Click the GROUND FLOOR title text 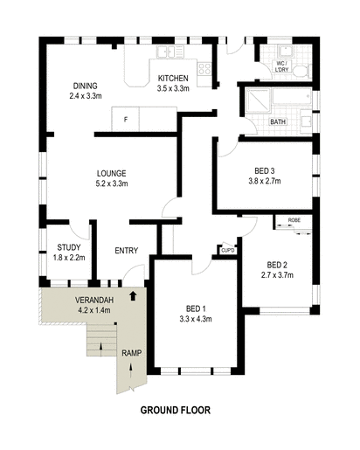pyautogui.click(x=175, y=409)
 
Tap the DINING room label pyautogui.click(x=87, y=85)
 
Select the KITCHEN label pyautogui.click(x=173, y=79)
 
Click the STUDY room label pyautogui.click(x=69, y=248)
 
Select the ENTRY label pyautogui.click(x=127, y=252)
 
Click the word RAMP pyautogui.click(x=131, y=353)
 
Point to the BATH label pyautogui.click(x=279, y=121)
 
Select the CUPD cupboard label pyautogui.click(x=227, y=251)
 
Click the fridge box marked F pyautogui.click(x=126, y=118)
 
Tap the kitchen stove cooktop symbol pyautogui.click(x=205, y=68)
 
